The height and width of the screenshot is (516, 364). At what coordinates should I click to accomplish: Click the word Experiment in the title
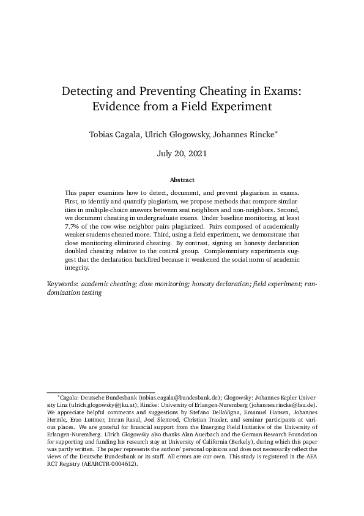237,107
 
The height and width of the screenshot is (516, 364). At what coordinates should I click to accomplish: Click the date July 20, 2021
182,153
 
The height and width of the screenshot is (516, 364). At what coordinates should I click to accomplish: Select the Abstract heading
182,180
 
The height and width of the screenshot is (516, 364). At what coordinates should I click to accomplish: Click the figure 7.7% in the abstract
73,227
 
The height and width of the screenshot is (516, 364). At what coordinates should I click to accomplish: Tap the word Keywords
62,285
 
